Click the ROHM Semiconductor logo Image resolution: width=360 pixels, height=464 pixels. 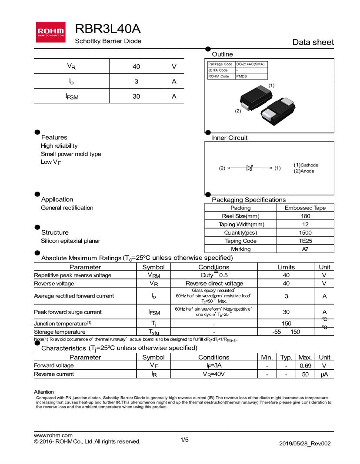tap(51, 32)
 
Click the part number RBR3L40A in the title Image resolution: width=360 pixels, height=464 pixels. tap(107, 29)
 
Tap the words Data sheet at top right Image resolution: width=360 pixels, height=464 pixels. tap(313, 42)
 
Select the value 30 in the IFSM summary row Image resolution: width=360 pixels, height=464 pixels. tap(136, 96)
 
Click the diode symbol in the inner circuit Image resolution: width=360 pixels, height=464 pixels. tap(250, 168)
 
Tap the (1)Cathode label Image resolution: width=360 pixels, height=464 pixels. tap(306, 165)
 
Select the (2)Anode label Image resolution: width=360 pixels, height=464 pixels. tap(304, 171)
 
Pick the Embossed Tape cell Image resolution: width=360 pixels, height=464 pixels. tap(305, 208)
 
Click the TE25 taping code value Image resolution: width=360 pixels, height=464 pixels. tap(305, 241)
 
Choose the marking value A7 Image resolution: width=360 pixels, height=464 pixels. tap(305, 249)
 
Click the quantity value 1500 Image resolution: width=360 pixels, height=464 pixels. tap(305, 233)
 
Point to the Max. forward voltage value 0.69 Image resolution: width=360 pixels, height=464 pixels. tap(305, 366)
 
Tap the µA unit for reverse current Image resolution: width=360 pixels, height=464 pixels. tap(324, 374)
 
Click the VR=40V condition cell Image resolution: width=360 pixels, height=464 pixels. tap(213, 374)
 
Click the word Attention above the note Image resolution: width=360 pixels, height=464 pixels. tap(44, 392)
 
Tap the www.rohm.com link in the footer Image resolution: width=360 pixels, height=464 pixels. tap(53, 435)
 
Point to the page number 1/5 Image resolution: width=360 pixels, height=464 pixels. tap(185, 440)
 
